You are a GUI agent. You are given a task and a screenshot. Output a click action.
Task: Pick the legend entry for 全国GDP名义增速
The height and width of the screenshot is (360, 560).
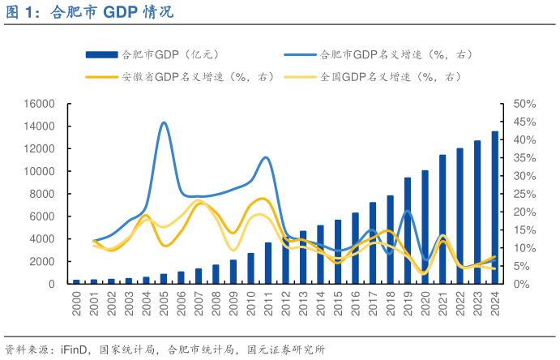390,77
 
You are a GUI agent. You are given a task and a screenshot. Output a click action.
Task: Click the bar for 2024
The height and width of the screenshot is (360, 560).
494,208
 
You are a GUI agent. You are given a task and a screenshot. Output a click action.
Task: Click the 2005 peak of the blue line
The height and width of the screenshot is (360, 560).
164,122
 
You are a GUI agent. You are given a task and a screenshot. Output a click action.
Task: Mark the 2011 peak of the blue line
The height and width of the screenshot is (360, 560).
267,157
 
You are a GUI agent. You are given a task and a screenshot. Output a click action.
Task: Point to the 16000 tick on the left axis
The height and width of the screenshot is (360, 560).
39,104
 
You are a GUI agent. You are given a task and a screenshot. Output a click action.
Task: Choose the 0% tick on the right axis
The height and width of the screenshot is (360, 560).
521,284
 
